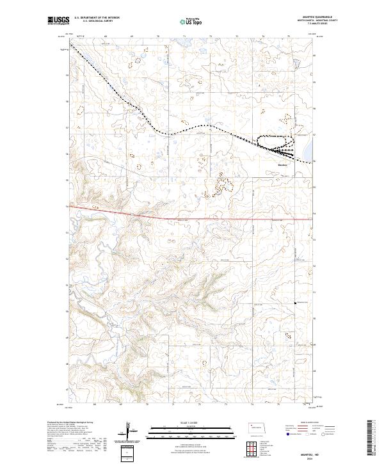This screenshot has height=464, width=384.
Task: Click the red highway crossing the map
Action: point(192,218)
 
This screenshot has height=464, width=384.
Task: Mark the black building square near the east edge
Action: point(295,303)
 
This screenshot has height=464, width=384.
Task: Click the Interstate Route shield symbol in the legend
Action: point(286,433)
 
